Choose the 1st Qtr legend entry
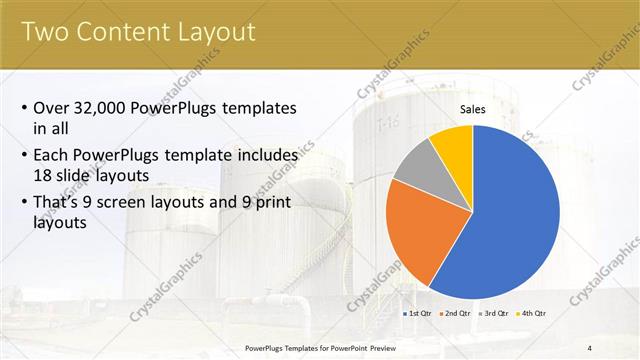419,314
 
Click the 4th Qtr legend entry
535,314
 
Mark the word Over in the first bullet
51,108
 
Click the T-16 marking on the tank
387,126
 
